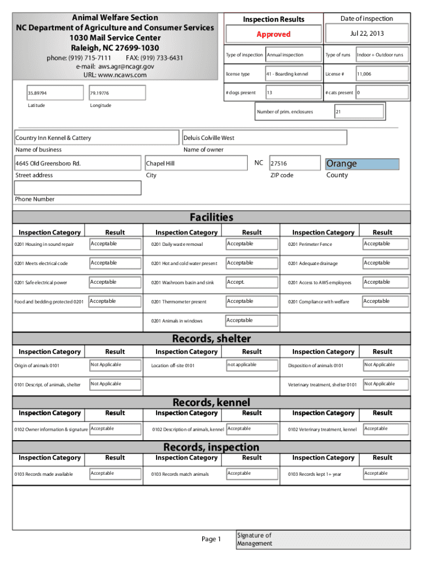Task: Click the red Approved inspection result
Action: click(x=273, y=34)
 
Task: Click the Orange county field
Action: click(x=362, y=164)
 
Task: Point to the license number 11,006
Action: click(x=381, y=74)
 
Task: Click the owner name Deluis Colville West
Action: click(x=264, y=138)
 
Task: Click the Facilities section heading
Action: click(x=211, y=217)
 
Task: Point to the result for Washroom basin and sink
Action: click(x=250, y=282)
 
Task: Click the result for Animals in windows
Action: click(x=250, y=321)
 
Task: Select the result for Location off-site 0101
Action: click(x=250, y=365)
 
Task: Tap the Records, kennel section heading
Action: click(x=211, y=403)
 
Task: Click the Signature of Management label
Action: click(x=254, y=539)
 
